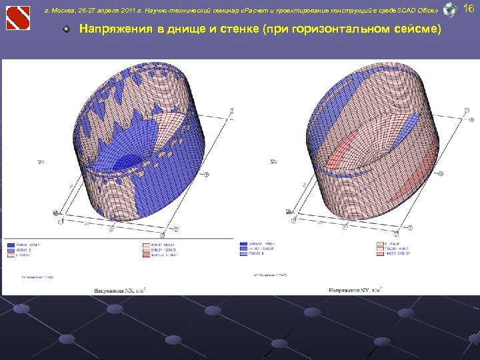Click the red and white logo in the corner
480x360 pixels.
(18, 17)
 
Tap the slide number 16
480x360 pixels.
(468, 9)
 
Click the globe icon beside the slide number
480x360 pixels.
(450, 10)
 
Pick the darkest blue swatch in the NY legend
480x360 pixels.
(243, 245)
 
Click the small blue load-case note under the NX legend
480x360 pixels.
(37, 275)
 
